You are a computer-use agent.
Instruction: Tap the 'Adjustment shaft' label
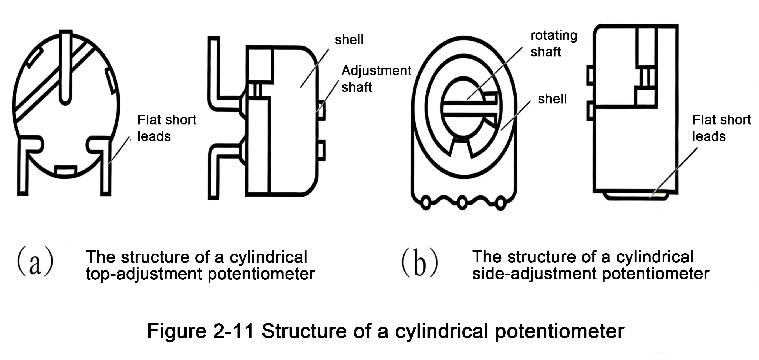coord(376,79)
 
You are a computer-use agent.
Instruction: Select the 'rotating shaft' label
coord(553,43)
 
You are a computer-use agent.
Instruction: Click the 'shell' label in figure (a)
coord(349,40)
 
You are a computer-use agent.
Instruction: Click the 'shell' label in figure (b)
coord(552,99)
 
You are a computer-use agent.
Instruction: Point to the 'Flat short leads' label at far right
coord(721,128)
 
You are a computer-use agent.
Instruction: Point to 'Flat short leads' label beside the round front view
coord(167,128)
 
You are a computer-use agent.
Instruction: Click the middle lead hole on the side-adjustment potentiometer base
coord(462,203)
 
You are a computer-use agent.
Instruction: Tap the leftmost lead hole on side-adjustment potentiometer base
coord(426,203)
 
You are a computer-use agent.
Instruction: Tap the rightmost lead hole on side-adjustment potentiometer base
coord(500,203)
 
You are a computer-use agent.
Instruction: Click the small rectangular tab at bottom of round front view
coord(66,171)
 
